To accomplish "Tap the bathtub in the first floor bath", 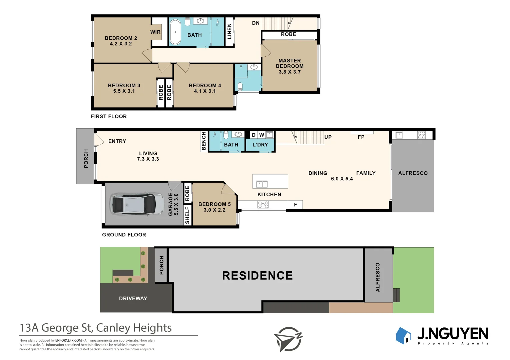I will click(175, 32).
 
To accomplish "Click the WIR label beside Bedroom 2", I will click(155, 32).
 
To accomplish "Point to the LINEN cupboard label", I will click(229, 31).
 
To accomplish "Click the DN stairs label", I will click(256, 23).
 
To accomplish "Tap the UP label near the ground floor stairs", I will click(328, 137).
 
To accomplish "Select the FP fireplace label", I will click(361, 137).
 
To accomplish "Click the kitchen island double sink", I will click(262, 184).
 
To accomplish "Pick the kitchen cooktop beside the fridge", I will click(263, 205).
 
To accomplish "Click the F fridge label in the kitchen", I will click(295, 205).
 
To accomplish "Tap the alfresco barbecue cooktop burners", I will click(422, 135).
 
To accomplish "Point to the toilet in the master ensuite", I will click(240, 87).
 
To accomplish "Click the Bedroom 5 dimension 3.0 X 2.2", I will click(214, 210).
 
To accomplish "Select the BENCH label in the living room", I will click(204, 141).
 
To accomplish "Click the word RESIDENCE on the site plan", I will click(257, 276).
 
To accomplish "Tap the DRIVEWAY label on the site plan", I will click(133, 298).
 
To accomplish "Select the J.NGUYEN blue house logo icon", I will click(404, 335).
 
